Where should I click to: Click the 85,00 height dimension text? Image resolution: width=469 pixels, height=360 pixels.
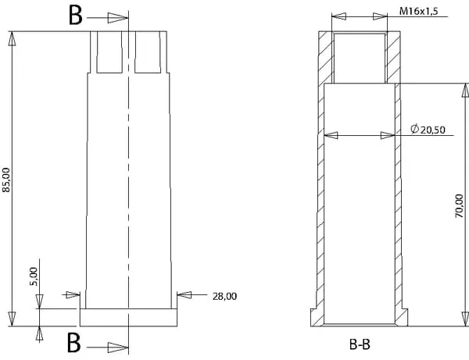6,180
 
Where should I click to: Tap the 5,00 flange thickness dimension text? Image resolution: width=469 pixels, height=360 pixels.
34,276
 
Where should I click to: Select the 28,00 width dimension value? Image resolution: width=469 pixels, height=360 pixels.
224,297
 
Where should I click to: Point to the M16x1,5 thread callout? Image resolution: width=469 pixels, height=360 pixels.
419,11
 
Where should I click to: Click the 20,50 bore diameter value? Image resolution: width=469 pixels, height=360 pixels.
433,130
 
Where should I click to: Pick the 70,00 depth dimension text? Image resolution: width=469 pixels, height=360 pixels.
459,205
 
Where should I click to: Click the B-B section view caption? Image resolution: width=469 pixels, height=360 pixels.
360,344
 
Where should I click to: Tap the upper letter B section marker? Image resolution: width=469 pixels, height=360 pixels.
75,16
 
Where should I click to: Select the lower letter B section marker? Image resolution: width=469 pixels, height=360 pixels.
74,342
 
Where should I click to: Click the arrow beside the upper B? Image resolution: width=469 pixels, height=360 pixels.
107,18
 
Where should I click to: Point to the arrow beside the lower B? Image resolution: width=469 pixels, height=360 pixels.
108,348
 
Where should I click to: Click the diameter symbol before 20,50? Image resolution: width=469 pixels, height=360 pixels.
414,129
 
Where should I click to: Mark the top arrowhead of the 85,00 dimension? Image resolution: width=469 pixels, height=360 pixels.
12,38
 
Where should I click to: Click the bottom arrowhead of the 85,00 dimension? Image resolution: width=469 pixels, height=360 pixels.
12,319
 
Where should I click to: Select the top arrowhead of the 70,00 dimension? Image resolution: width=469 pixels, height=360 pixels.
465,91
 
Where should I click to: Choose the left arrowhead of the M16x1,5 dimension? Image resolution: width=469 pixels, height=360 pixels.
339,16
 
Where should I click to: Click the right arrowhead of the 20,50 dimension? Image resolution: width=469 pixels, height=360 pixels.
388,136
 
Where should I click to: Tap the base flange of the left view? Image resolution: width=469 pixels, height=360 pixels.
128,317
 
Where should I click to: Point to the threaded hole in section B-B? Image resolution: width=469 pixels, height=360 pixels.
360,58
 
